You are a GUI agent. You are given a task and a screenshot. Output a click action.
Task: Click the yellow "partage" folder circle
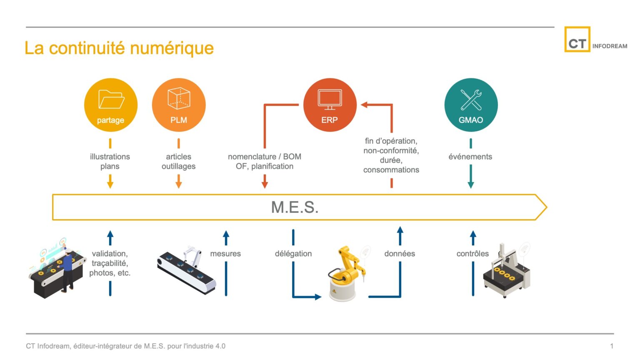click(110, 105)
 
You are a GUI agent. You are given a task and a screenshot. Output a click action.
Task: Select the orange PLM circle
click(179, 105)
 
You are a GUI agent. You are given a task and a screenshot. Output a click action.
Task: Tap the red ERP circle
click(330, 105)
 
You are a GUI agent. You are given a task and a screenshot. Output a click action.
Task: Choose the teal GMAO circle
click(471, 105)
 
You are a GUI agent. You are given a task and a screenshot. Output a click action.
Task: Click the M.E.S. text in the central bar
click(295, 207)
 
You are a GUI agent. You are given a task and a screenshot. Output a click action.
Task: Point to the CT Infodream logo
click(595, 40)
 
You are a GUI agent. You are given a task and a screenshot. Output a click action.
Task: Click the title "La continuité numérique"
click(119, 48)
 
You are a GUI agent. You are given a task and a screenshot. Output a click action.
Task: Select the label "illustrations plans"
click(110, 161)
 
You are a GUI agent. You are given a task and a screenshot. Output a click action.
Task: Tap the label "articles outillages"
click(178, 161)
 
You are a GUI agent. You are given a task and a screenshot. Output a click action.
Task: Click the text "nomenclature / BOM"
click(264, 157)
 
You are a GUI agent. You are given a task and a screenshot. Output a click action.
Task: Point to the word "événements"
click(470, 157)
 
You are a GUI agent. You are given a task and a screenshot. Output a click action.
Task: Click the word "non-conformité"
click(391, 150)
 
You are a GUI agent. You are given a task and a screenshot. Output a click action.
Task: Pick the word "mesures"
click(225, 253)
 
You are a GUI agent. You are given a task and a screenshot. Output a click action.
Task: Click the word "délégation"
click(293, 253)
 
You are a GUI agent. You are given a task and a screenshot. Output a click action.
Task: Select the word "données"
click(400, 253)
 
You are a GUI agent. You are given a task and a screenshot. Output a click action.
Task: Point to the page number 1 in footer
click(612, 346)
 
